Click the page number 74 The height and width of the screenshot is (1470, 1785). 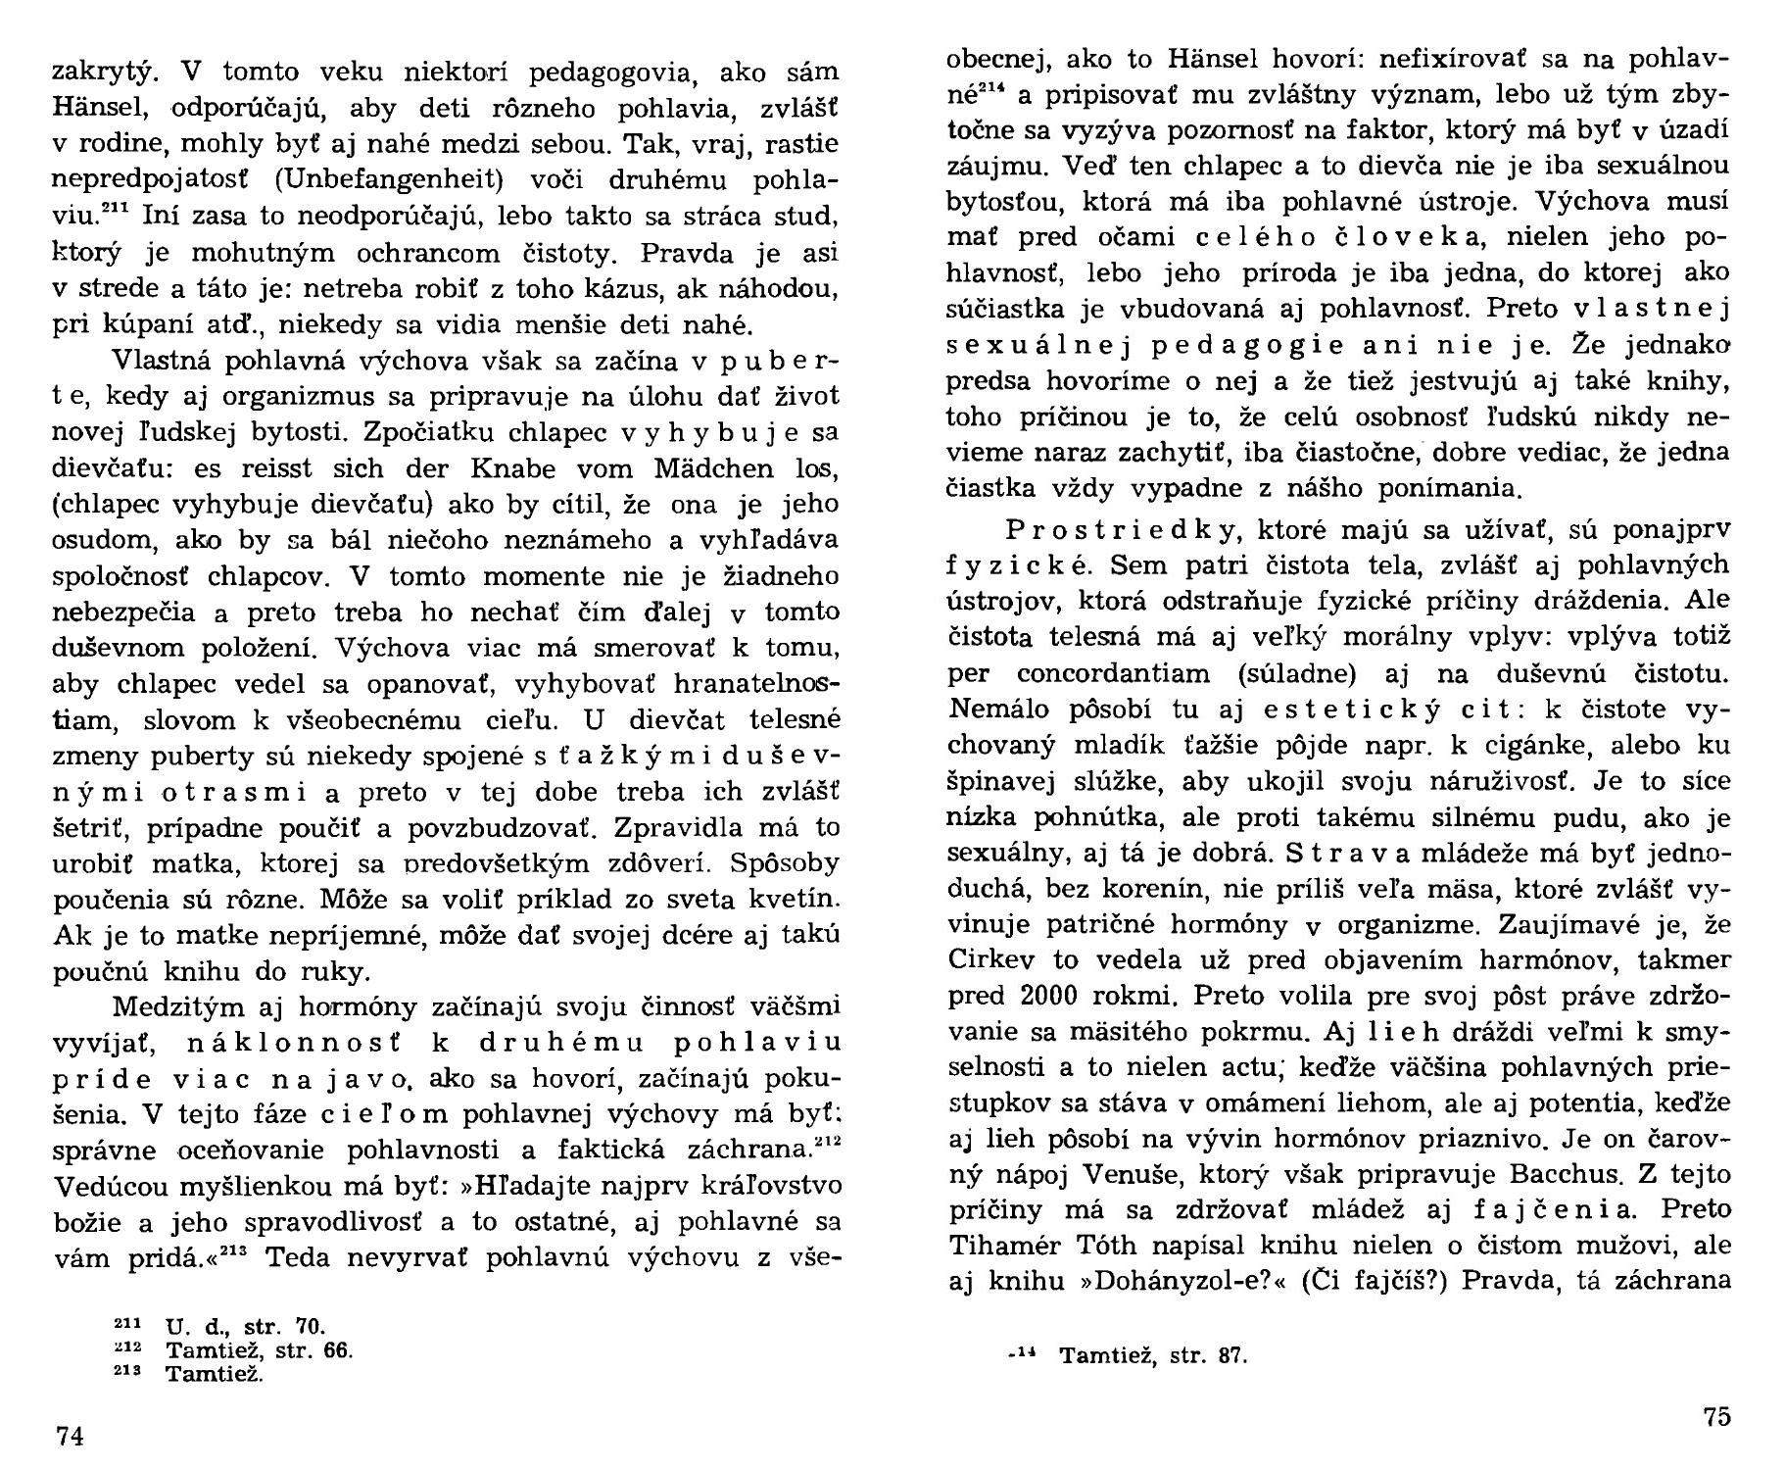click(x=70, y=1437)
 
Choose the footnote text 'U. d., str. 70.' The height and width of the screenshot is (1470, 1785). click(x=245, y=1328)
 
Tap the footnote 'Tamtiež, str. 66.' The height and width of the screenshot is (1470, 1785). click(x=259, y=1350)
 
